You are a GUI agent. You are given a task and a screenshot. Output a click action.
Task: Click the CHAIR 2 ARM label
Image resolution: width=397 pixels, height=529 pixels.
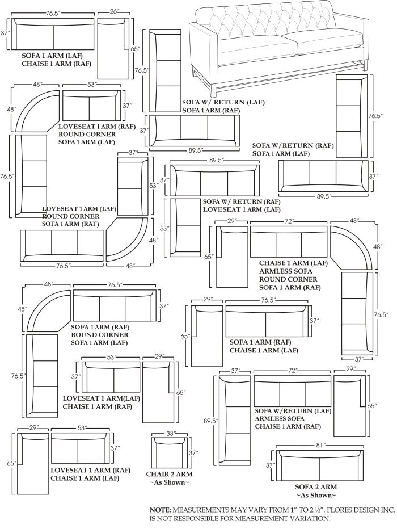point(169,473)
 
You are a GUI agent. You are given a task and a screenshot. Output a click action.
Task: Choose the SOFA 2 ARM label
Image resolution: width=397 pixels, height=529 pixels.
point(316,487)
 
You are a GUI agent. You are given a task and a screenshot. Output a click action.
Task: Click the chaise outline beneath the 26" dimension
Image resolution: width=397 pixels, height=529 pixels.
point(111,49)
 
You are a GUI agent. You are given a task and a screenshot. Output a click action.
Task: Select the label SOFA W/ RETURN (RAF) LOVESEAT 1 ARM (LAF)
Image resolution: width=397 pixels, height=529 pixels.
point(241,205)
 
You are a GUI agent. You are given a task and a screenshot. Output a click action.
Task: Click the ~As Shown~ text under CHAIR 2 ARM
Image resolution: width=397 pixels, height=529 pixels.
point(169,482)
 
